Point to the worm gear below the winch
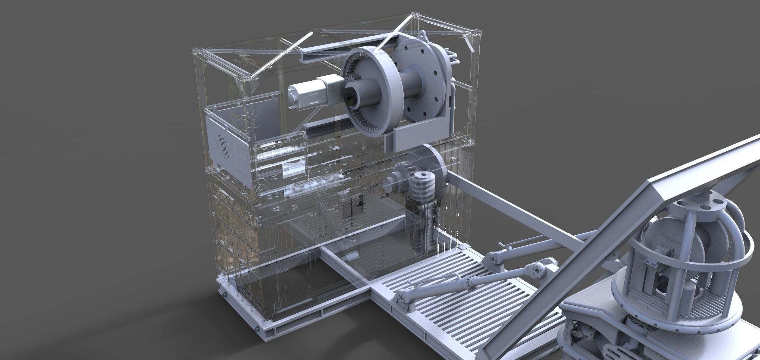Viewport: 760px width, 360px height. [x=424, y=189]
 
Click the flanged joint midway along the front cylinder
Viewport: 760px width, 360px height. [x=471, y=282]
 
